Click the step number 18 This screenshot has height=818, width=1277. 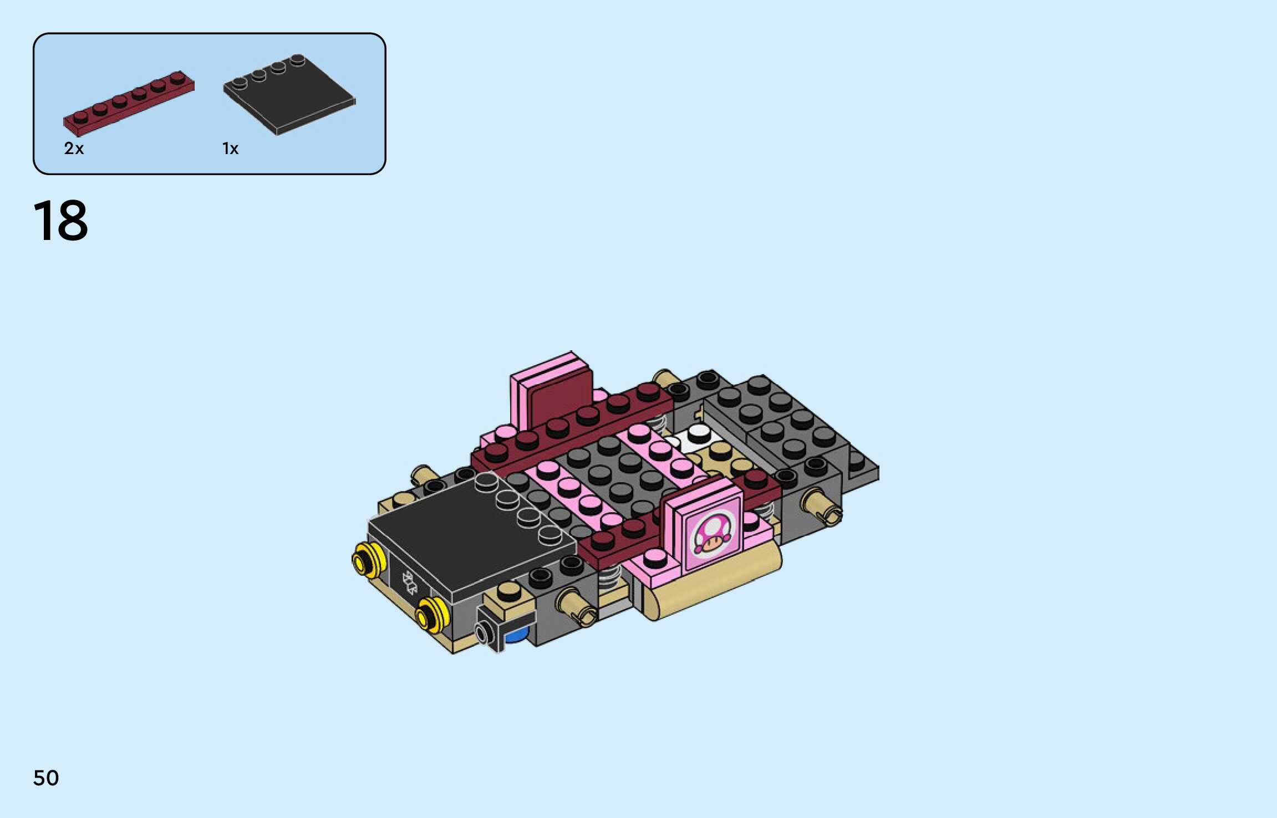[x=60, y=221]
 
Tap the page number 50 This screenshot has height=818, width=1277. [x=46, y=778]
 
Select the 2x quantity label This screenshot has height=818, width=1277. [x=74, y=149]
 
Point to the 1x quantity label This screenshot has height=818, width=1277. [x=230, y=149]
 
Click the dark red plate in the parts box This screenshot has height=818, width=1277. [x=129, y=103]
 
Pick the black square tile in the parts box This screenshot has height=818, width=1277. [x=289, y=94]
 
